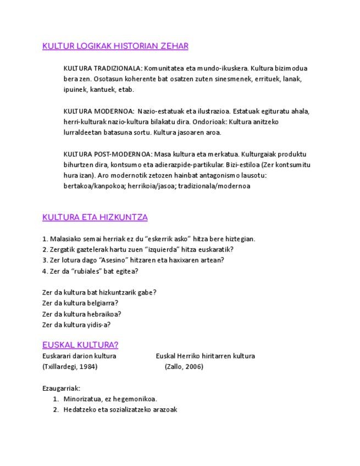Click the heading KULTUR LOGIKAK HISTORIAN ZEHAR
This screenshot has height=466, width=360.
[x=115, y=46]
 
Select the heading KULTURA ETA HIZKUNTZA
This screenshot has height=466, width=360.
[x=95, y=217]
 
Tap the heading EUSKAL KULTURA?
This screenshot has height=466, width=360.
[x=80, y=345]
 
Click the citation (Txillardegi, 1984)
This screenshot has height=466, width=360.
[x=70, y=367]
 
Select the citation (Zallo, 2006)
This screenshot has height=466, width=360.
[x=184, y=367]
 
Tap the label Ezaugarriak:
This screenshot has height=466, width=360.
[x=61, y=389]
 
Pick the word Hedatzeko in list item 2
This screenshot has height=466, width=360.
[x=80, y=410]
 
